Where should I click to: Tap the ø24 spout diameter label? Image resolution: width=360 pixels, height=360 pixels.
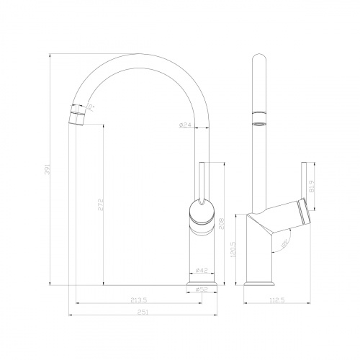click(x=185, y=125)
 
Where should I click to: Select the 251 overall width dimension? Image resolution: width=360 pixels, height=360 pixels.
click(x=143, y=312)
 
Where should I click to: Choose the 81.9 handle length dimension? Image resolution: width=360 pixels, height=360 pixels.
click(x=312, y=188)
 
